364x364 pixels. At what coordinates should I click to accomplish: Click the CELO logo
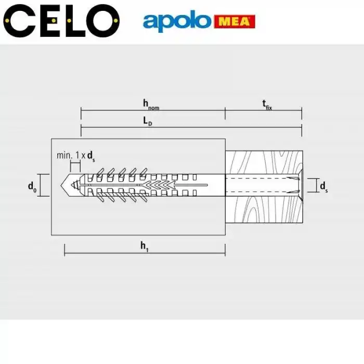pos(61,20)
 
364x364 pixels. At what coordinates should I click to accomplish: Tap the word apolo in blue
pos(177,22)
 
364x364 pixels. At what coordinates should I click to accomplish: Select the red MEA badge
pos(234,22)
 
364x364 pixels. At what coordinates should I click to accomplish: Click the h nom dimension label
pos(151,104)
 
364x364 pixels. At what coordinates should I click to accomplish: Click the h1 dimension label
pos(144,246)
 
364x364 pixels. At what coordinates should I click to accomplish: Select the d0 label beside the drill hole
pos(32,186)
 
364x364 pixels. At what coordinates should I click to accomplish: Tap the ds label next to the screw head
pos(323,186)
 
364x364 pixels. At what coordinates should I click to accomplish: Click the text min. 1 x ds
pos(76,155)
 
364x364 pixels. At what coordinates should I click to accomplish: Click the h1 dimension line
pos(144,254)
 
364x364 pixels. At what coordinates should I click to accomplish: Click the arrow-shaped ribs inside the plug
pos(159,186)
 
